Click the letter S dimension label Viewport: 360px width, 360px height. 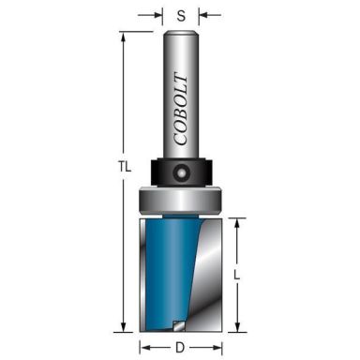(180, 15)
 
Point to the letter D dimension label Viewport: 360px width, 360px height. (180, 347)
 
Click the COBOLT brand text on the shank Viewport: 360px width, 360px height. (180, 104)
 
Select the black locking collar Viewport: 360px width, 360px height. (180, 173)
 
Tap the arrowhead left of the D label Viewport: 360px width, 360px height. (145, 347)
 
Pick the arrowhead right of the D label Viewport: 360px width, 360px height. (215, 347)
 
